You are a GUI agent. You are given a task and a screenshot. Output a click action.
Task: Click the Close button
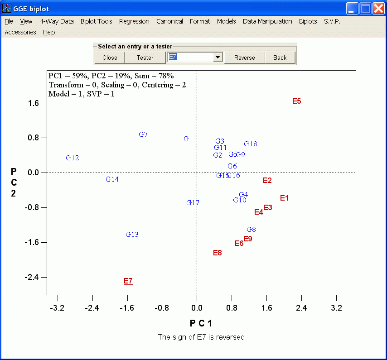point(110,58)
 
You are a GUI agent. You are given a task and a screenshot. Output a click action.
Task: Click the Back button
point(280,58)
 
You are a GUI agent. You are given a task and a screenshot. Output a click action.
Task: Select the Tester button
point(145,58)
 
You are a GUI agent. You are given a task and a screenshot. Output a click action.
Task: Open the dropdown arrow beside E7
point(218,57)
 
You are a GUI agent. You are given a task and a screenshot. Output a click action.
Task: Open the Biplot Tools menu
point(97,21)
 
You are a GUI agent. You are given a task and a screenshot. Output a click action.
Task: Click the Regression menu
point(134,21)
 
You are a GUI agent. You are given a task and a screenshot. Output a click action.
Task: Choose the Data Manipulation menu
point(267,21)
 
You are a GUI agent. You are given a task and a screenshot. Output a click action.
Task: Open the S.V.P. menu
point(332,21)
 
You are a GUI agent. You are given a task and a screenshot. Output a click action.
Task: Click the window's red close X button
point(378,8)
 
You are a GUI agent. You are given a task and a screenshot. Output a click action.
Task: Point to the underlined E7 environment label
point(128,281)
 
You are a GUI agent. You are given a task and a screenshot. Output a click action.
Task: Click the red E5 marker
point(297,101)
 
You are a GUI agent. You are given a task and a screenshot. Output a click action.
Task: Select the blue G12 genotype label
point(73,158)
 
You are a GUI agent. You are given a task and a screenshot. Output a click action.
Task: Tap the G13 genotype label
point(132,235)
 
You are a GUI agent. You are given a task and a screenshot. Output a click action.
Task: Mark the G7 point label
point(143,134)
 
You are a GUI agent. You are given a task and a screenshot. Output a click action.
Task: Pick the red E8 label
point(218,253)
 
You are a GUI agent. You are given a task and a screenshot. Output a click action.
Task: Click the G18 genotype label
point(251,144)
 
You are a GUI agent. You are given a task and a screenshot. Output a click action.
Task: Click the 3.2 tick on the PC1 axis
point(336,308)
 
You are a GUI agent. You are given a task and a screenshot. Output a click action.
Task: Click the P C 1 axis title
point(201,323)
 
